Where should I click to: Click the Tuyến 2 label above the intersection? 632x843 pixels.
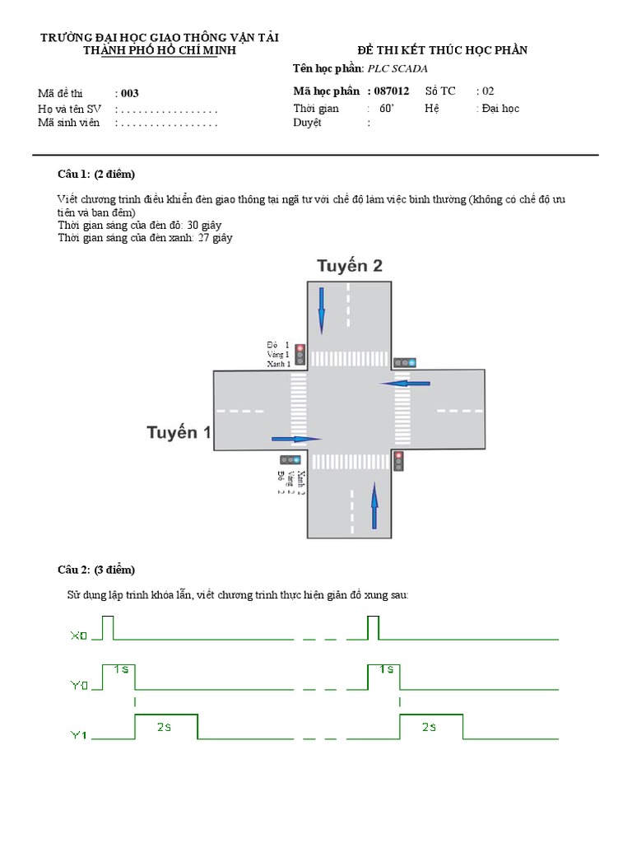(350, 266)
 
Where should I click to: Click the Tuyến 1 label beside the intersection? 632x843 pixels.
(179, 432)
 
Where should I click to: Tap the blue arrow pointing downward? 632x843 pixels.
(321, 310)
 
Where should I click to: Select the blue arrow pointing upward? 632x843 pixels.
(374, 505)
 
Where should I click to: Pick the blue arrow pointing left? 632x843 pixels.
(405, 383)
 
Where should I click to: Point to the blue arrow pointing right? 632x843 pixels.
(295, 439)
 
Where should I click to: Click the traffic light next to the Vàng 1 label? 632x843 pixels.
(300, 354)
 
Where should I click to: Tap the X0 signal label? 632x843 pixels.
(78, 636)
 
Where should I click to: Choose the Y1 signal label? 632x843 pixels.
(78, 736)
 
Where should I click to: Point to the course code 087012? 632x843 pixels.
(391, 91)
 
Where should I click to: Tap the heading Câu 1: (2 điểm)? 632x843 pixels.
(95, 174)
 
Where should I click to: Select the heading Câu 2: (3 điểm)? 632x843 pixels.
(95, 570)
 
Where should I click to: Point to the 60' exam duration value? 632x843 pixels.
(387, 108)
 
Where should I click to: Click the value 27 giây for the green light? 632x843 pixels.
(216, 238)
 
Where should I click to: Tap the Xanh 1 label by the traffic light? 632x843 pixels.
(278, 363)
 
